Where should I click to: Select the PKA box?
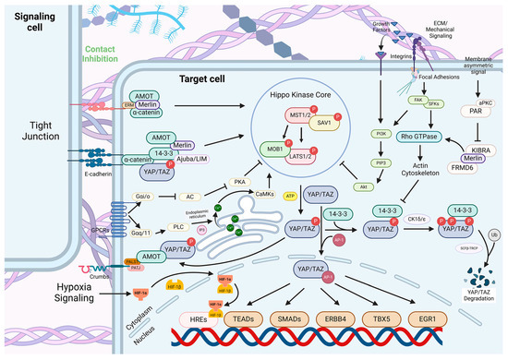click(214, 184)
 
